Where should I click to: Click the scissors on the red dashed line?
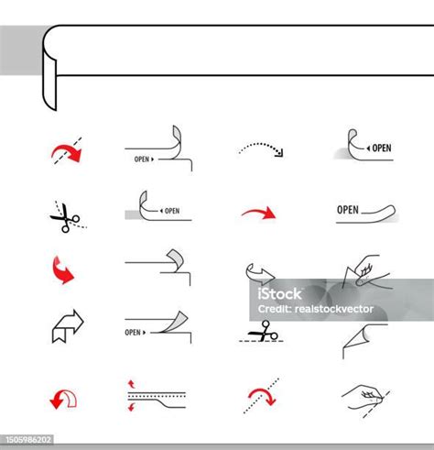click(x=264, y=333)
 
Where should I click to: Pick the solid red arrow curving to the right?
click(x=258, y=214)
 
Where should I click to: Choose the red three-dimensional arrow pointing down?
click(x=62, y=270)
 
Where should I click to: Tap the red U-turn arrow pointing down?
click(x=63, y=397)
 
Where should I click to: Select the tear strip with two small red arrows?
click(x=156, y=397)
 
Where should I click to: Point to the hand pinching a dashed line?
click(x=364, y=397)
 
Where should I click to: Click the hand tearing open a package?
click(x=364, y=273)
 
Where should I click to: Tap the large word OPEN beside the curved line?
click(x=348, y=210)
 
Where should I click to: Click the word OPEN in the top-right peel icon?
click(x=380, y=148)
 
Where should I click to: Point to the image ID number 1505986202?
click(x=28, y=440)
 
